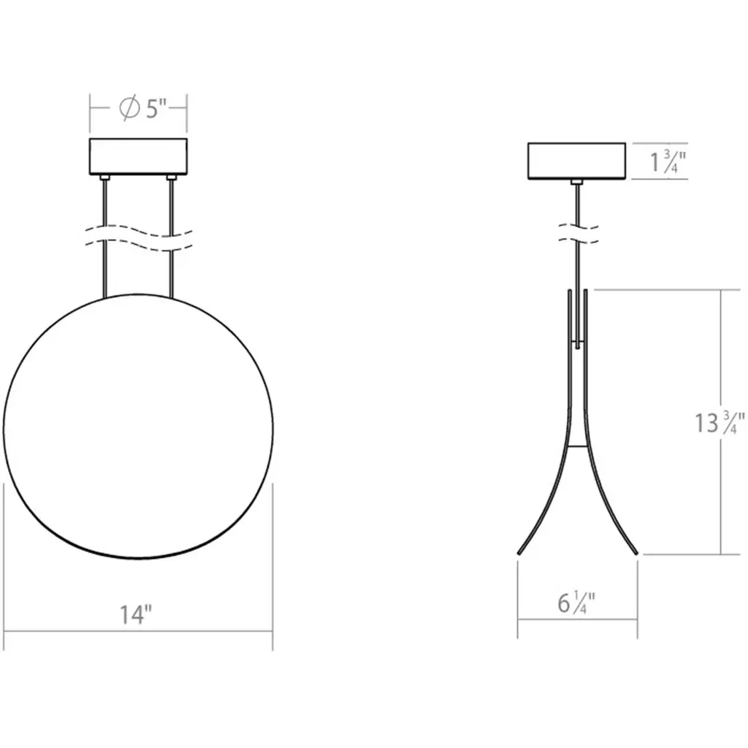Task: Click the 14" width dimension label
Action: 136,614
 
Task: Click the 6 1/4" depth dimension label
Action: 576,603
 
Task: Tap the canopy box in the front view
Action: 138,156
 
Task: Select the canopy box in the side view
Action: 576,161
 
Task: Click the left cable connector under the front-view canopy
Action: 104,178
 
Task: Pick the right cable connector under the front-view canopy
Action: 171,178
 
